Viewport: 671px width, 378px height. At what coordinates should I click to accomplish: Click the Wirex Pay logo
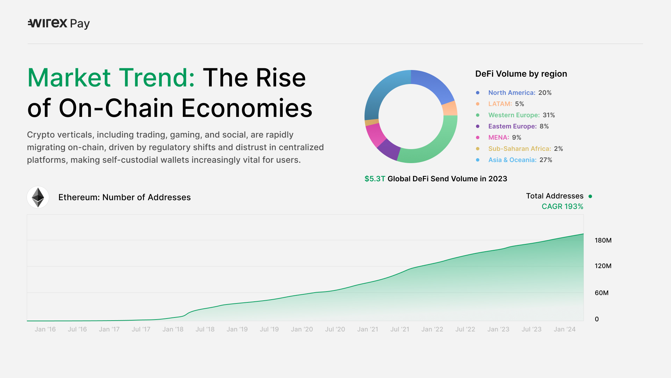(59, 23)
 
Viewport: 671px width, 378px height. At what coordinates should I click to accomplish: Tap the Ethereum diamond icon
(38, 197)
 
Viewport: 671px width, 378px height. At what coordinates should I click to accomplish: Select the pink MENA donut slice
(375, 134)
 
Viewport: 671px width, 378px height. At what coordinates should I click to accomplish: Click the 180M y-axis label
(603, 240)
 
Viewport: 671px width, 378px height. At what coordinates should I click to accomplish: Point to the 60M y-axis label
(602, 293)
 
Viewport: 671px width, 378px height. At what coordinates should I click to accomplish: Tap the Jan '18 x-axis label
(173, 329)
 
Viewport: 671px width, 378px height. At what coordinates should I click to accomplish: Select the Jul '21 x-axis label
(400, 329)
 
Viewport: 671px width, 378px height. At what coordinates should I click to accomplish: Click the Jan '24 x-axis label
(565, 329)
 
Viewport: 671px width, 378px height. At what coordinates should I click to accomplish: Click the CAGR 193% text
(563, 206)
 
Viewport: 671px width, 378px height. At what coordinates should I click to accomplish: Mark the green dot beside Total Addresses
(590, 196)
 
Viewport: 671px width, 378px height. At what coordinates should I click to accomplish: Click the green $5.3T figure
(375, 179)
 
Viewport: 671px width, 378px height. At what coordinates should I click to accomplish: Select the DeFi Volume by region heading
(521, 74)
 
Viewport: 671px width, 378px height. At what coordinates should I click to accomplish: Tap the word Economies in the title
(247, 108)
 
